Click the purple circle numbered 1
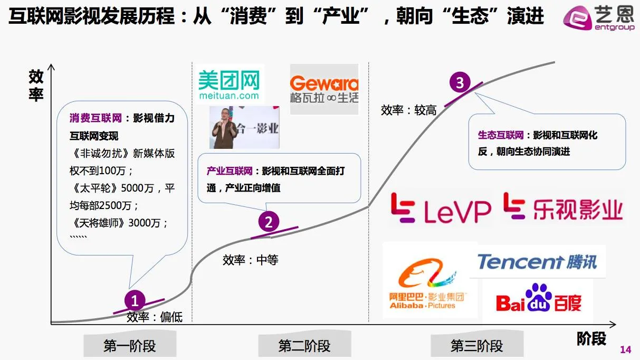(135, 301)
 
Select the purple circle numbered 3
(460, 83)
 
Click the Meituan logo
(229, 85)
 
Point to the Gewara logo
(324, 89)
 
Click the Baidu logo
(538, 299)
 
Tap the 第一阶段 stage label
(130, 346)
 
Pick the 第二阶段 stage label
(304, 346)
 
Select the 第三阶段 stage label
(476, 346)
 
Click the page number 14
(625, 349)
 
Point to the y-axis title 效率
(36, 86)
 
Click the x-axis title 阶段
(591, 338)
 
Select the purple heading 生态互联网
(500, 135)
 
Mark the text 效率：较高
(408, 110)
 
